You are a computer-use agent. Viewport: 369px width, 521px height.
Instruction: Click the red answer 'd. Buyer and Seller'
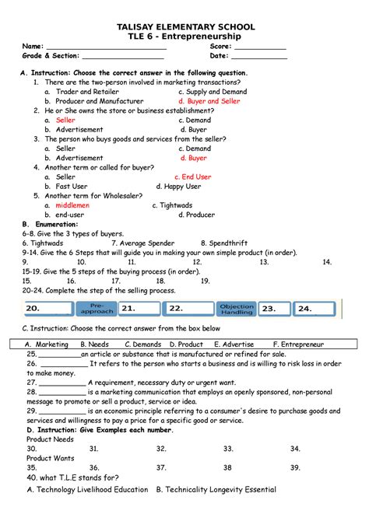209,101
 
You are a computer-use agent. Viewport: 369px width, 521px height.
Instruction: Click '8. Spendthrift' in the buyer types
227,243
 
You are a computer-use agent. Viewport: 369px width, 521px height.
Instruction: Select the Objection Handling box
237,307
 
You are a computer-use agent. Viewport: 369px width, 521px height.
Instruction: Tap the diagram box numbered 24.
306,308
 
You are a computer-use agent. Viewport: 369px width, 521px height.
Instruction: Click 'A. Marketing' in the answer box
47,344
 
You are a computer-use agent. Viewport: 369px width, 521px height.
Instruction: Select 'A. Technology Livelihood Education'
87,490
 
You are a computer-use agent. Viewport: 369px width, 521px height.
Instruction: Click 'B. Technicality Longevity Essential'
216,490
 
